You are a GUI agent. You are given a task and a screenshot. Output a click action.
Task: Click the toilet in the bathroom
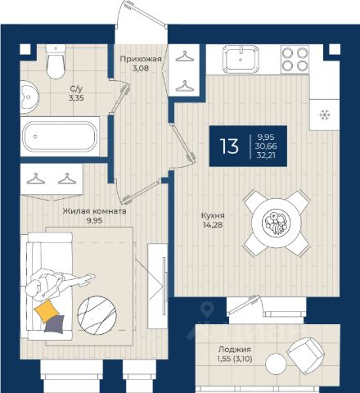(x=56, y=61)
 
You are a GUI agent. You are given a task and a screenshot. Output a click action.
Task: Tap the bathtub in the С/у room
(x=60, y=137)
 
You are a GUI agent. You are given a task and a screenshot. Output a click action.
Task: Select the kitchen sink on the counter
(x=241, y=59)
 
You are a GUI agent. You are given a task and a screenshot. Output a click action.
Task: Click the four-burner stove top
(x=295, y=59)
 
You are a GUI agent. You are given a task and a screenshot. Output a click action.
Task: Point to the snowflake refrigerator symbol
(x=325, y=115)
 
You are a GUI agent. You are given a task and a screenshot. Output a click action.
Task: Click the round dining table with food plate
(x=276, y=223)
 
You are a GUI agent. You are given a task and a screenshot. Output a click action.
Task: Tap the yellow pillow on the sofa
(x=47, y=310)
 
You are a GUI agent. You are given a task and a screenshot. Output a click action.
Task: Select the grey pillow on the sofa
(x=55, y=324)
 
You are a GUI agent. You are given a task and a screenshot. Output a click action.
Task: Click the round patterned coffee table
(x=97, y=315)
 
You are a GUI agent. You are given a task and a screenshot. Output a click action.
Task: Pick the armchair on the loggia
(x=306, y=355)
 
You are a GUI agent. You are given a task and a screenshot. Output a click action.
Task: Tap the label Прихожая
(x=141, y=59)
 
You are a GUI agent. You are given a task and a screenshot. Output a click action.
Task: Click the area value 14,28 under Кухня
(x=213, y=225)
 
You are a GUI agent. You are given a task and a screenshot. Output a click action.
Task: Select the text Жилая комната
(x=94, y=211)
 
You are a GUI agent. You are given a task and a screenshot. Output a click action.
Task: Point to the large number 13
(x=229, y=146)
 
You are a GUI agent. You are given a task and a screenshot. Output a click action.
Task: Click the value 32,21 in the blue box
(x=266, y=155)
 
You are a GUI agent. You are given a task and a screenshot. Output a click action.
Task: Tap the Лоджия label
(x=235, y=349)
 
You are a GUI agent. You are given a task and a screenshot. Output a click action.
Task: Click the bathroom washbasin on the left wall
(x=29, y=97)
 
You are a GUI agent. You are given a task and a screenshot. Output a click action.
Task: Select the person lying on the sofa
(x=58, y=284)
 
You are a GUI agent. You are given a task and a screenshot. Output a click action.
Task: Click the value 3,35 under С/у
(x=76, y=98)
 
